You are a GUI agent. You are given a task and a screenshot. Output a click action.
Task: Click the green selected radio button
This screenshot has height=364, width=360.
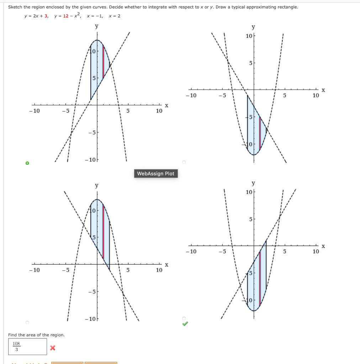click(x=27, y=163)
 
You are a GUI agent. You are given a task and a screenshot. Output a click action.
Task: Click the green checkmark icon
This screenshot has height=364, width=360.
click(x=185, y=323)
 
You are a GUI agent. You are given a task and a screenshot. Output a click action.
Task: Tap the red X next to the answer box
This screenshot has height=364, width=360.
click(x=53, y=347)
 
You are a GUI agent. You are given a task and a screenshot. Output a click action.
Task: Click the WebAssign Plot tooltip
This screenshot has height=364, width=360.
click(x=155, y=173)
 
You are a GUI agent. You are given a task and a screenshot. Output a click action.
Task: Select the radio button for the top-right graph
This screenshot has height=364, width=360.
click(x=184, y=162)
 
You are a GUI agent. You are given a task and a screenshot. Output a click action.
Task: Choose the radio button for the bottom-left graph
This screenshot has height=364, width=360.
click(x=27, y=322)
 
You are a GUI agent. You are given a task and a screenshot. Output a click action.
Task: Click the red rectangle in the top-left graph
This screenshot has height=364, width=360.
click(x=103, y=62)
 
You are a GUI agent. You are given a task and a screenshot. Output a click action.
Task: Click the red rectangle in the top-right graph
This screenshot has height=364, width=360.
click(x=260, y=132)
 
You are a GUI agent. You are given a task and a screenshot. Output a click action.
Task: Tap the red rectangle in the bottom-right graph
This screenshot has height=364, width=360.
click(x=260, y=278)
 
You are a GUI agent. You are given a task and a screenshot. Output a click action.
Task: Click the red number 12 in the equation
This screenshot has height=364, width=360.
click(x=66, y=16)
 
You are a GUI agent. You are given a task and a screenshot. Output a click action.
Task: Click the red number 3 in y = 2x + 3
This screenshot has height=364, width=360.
click(x=46, y=16)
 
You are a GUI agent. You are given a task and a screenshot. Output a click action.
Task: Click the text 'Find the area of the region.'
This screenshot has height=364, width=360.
click(x=36, y=335)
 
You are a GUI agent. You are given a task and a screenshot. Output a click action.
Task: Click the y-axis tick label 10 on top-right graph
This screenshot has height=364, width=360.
click(x=249, y=36)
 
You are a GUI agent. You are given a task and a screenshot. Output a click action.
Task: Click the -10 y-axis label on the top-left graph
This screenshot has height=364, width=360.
click(x=90, y=160)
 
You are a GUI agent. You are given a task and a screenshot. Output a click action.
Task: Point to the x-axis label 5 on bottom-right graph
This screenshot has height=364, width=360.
click(x=284, y=252)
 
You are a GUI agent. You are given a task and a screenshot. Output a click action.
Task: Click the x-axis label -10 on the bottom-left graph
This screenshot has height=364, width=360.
click(x=35, y=270)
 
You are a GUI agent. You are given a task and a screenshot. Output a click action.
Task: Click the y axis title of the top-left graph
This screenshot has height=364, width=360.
click(x=97, y=26)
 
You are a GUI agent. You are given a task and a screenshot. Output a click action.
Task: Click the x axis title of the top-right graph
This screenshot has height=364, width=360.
click(x=323, y=90)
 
